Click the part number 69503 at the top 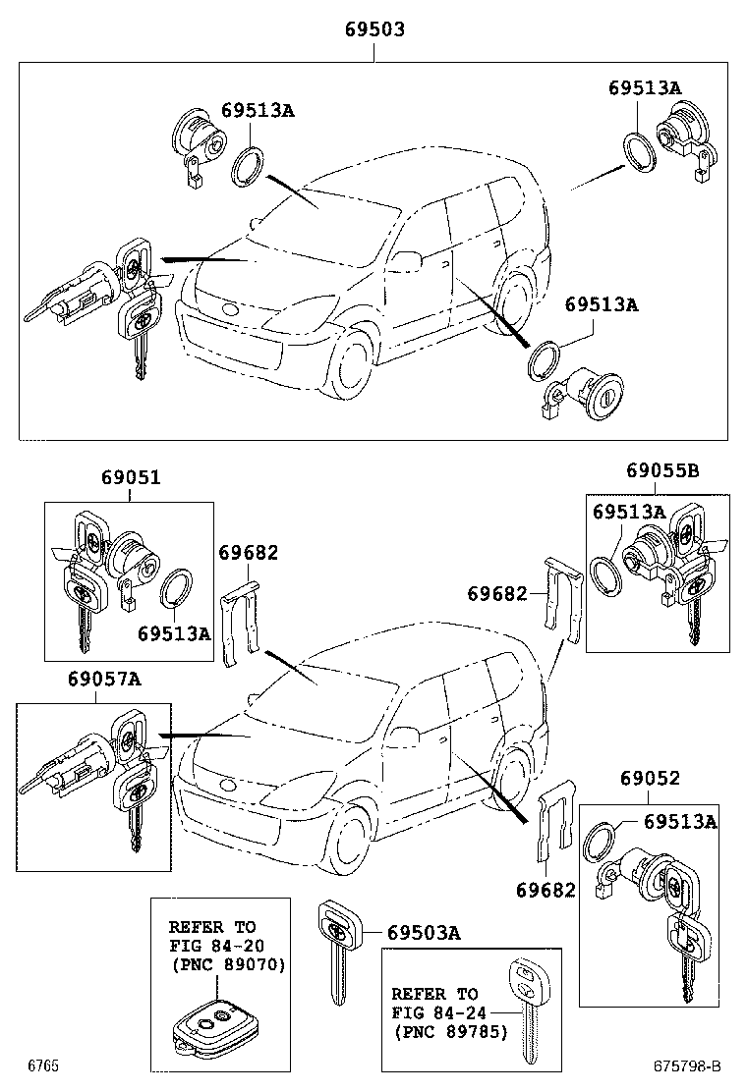(x=373, y=30)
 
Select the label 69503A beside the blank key (x=423, y=932)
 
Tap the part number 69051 (x=130, y=478)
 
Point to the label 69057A (x=104, y=679)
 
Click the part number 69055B (x=662, y=470)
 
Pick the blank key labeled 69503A (x=337, y=947)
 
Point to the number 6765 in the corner (x=42, y=1065)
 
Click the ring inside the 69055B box (x=607, y=576)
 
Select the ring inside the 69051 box (x=176, y=590)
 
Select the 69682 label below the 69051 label (x=248, y=553)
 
